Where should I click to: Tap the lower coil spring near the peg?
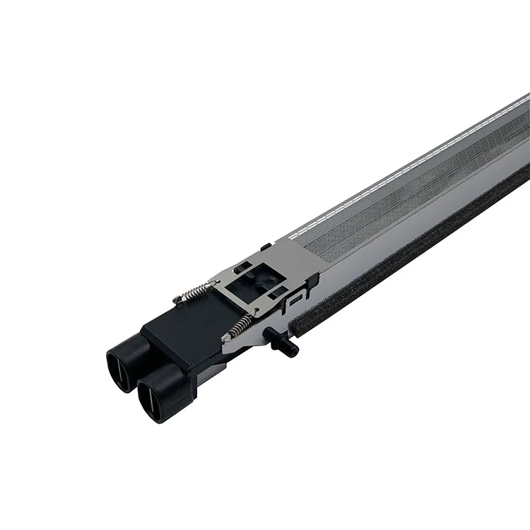coord(240,326)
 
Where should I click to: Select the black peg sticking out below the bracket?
coord(281,341)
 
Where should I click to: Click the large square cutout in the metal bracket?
coord(255,275)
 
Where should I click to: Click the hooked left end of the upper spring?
coord(177,300)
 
